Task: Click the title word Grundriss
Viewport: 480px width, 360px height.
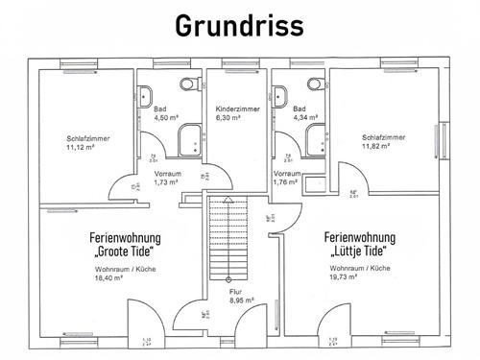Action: click(x=240, y=26)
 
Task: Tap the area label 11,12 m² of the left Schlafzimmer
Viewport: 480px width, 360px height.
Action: click(x=86, y=149)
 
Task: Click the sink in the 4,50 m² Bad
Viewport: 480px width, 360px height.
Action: click(x=146, y=96)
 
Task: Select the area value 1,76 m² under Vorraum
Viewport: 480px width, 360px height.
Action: click(x=286, y=180)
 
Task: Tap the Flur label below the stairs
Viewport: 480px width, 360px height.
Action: click(x=237, y=291)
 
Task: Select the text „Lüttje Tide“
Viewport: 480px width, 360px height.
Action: click(x=361, y=252)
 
